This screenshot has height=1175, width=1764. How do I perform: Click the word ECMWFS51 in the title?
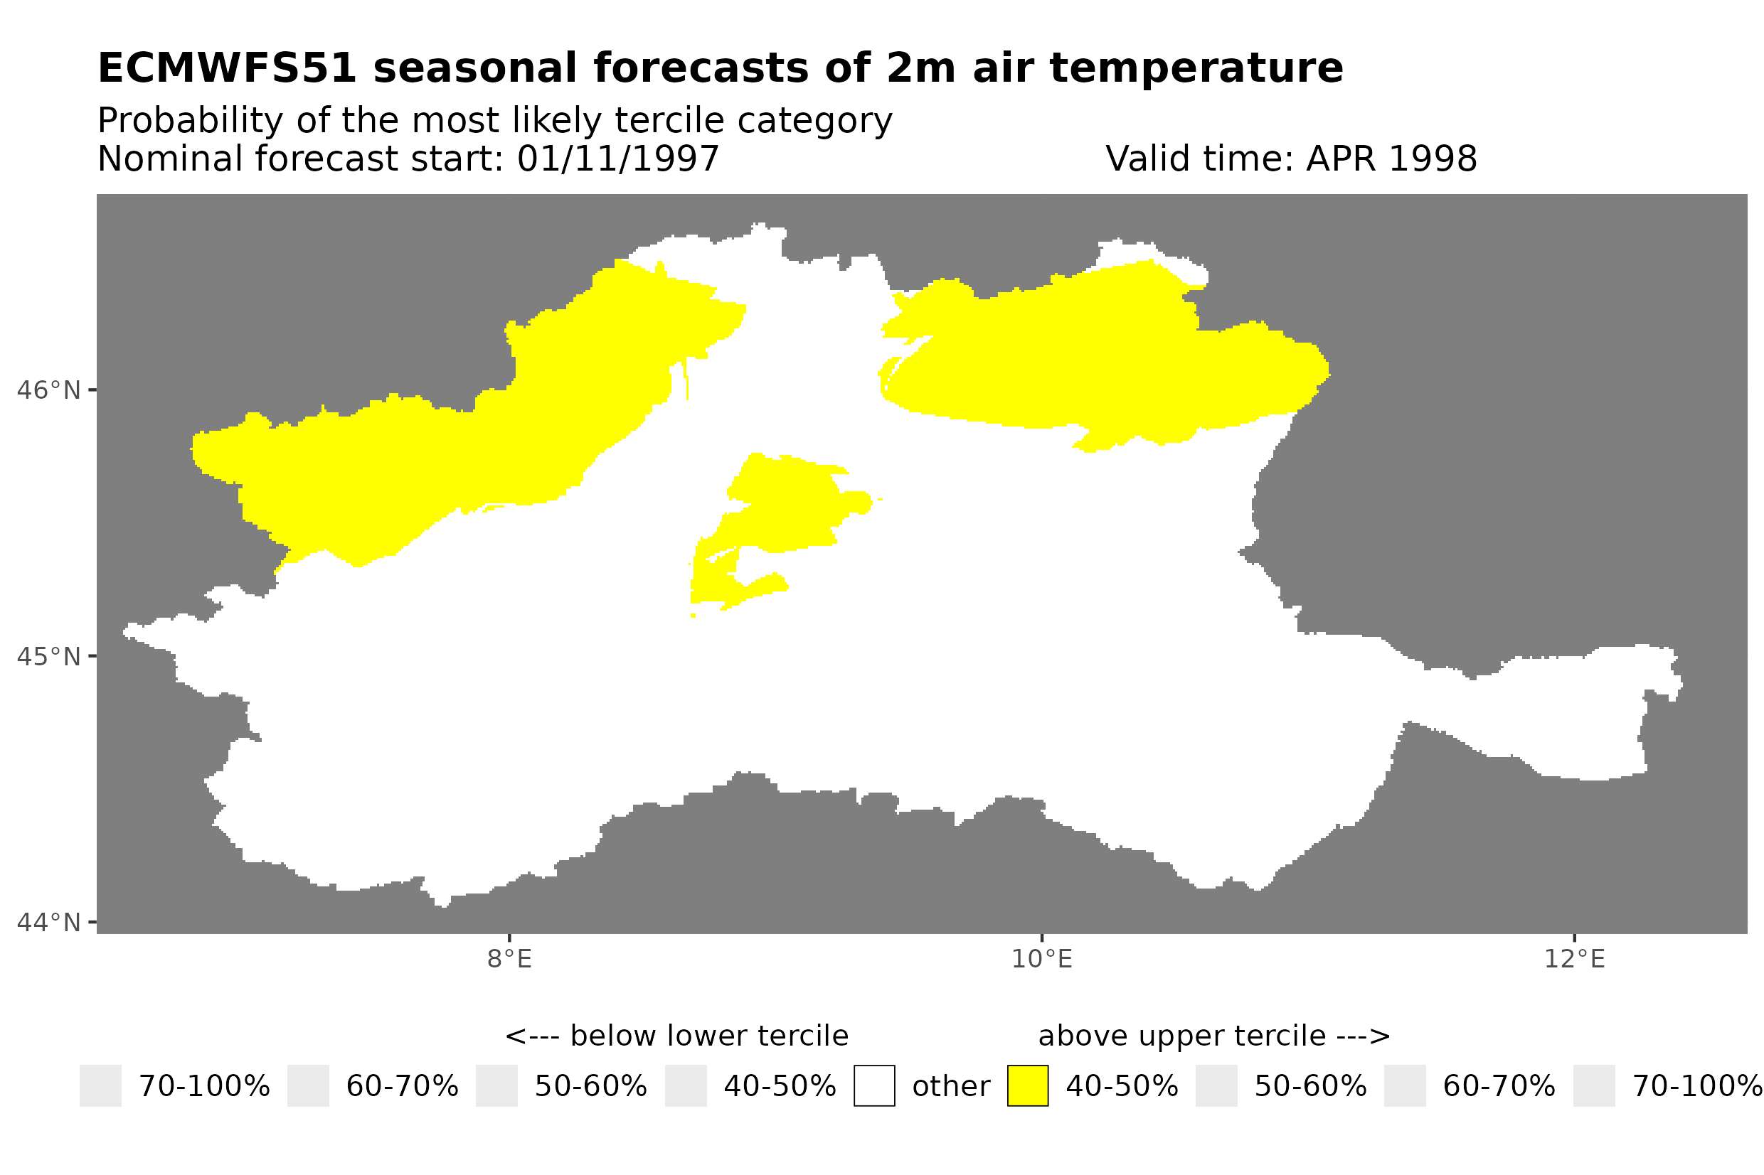[x=226, y=68]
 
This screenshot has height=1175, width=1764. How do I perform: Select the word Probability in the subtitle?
[x=190, y=121]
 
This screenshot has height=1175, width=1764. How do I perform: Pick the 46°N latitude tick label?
[x=48, y=390]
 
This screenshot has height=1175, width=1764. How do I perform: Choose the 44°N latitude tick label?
[x=48, y=923]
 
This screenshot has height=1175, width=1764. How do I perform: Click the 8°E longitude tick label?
[x=509, y=959]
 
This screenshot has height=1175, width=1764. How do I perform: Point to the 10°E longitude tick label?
[x=1041, y=959]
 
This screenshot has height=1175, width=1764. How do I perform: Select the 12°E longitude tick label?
[x=1573, y=959]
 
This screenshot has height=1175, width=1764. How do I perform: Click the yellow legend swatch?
[x=1027, y=1086]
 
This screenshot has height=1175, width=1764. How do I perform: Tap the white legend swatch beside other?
[x=873, y=1086]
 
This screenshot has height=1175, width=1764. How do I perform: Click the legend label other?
[x=950, y=1087]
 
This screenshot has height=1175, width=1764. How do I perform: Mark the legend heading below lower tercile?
[x=676, y=1036]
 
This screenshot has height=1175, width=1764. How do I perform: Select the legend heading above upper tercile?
[x=1213, y=1036]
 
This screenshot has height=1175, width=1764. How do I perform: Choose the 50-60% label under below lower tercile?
[x=590, y=1087]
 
